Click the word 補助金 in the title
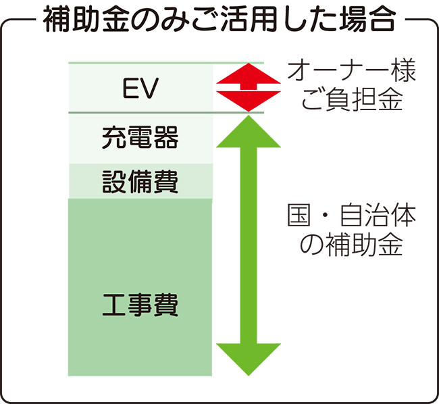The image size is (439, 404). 86,21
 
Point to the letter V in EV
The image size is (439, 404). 149,88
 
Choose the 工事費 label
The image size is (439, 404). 140,305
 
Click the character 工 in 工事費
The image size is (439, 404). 113,305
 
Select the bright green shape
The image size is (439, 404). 257,257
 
